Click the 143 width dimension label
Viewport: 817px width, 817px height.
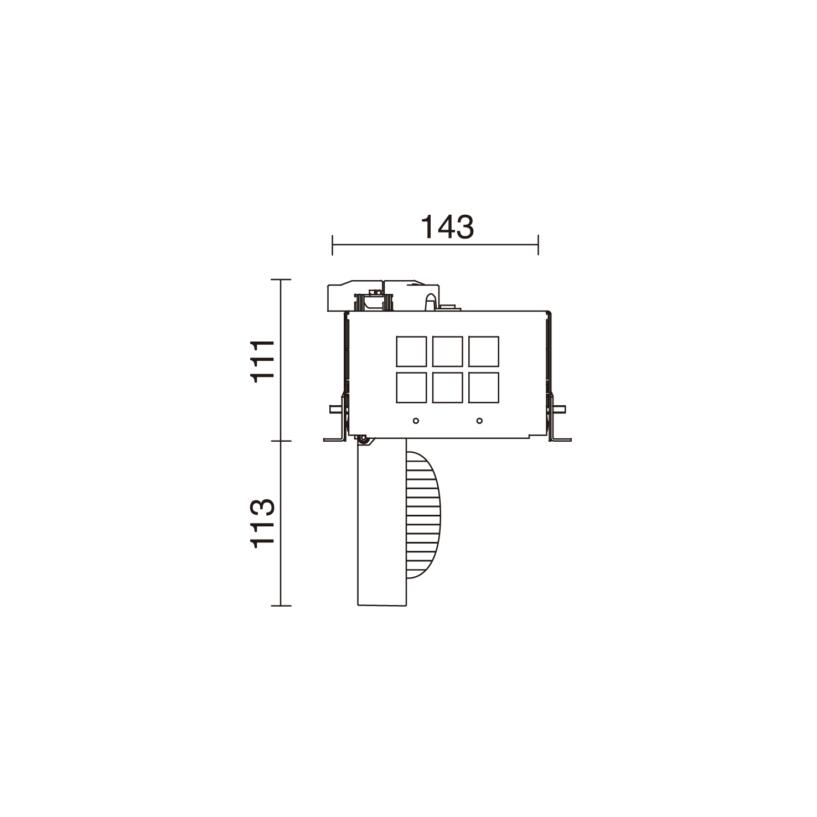pos(447,227)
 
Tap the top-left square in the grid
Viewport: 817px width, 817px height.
pos(411,351)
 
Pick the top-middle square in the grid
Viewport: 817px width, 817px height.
pos(447,351)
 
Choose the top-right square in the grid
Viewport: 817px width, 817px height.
pos(483,351)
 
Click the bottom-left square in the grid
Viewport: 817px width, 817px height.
pos(411,387)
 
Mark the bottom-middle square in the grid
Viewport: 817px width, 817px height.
pos(447,387)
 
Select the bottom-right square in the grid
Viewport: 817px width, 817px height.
pos(483,387)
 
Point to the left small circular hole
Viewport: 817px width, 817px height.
pos(416,421)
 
